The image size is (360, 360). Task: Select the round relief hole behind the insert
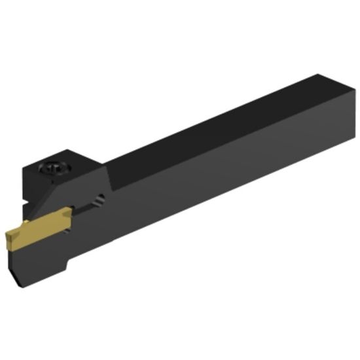(99, 200)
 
